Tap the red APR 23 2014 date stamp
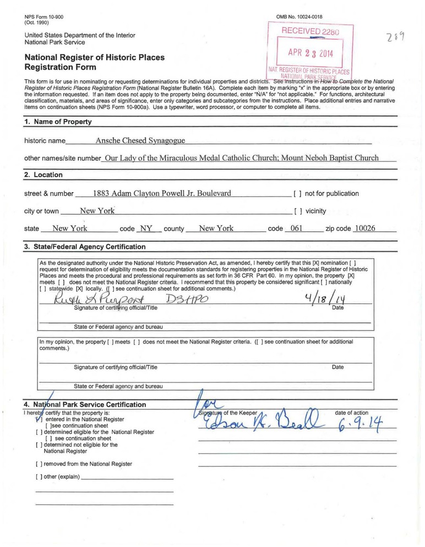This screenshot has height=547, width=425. point(310,54)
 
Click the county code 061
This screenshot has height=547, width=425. point(297,228)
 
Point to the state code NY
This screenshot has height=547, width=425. point(146,228)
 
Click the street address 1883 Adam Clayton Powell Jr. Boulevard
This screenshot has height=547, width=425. point(162,193)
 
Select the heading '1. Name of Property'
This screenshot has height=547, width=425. point(58,122)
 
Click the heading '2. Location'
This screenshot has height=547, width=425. point(43,175)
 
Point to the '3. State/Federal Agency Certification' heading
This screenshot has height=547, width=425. point(85,247)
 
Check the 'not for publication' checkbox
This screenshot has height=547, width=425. point(297,194)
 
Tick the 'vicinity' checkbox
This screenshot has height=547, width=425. point(297,211)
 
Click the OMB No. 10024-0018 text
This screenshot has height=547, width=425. point(299,18)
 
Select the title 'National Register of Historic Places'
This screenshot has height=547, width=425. point(94,57)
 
